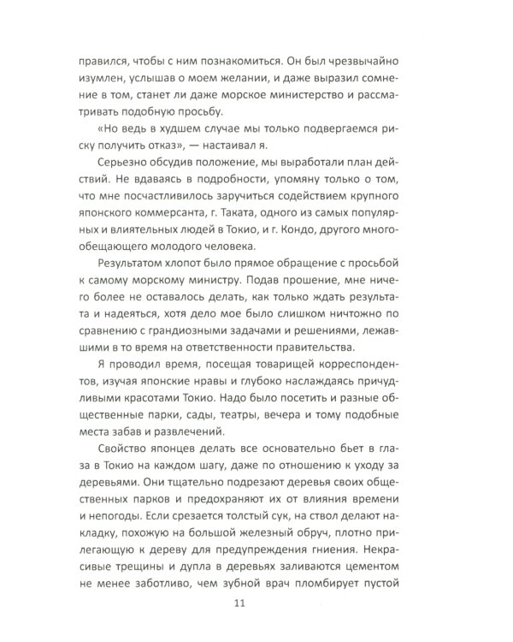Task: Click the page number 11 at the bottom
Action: coord(256,603)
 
